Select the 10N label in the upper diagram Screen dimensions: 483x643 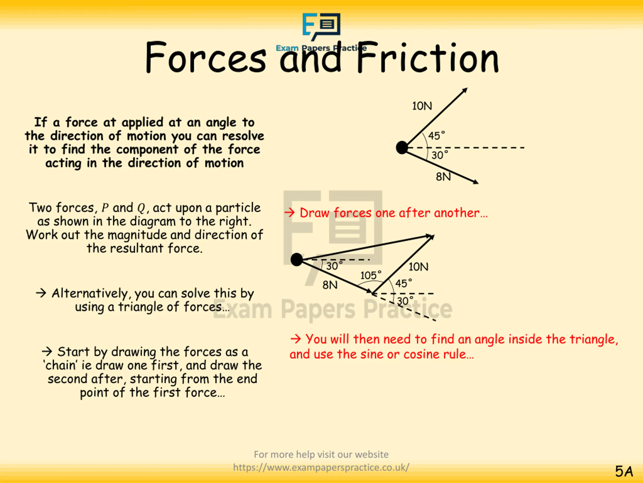(x=422, y=106)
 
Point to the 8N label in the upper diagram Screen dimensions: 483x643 (x=443, y=177)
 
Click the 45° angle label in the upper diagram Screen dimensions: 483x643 (x=436, y=136)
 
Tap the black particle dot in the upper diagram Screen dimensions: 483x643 (x=402, y=148)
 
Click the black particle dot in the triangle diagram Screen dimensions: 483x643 (x=296, y=259)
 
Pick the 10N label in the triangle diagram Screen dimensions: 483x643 (x=418, y=267)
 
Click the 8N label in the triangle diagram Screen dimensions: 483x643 (x=330, y=285)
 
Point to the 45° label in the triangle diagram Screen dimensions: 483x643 (x=403, y=283)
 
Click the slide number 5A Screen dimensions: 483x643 (x=624, y=471)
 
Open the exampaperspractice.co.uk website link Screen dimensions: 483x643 (x=321, y=467)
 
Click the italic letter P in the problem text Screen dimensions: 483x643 (x=105, y=208)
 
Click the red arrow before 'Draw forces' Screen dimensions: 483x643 (x=290, y=213)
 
